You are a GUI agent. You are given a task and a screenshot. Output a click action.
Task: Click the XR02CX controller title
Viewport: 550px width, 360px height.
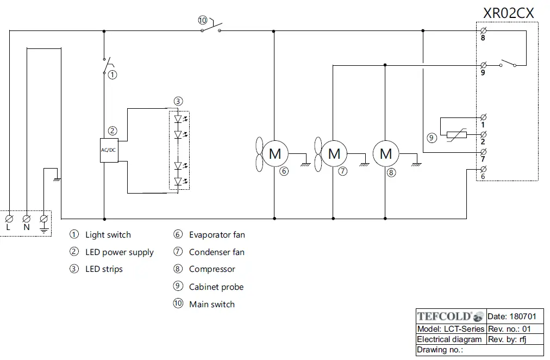pyautogui.click(x=509, y=13)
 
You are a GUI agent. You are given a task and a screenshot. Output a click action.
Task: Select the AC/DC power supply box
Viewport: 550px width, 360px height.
pyautogui.click(x=109, y=150)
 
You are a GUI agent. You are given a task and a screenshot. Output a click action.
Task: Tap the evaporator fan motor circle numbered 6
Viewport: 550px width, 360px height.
pyautogui.click(x=275, y=154)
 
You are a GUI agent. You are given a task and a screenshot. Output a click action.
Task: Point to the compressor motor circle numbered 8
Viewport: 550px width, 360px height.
pyautogui.click(x=386, y=154)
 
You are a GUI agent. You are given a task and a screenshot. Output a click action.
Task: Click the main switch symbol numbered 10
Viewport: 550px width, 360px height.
pyautogui.click(x=211, y=27)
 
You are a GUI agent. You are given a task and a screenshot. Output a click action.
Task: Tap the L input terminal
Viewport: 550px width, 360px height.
pyautogui.click(x=9, y=218)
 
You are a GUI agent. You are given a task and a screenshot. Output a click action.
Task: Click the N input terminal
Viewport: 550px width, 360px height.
pyautogui.click(x=27, y=218)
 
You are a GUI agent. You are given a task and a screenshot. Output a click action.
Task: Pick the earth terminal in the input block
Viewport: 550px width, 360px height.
pyautogui.click(x=44, y=219)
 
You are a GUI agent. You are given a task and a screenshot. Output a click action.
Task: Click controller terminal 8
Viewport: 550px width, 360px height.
pyautogui.click(x=483, y=30)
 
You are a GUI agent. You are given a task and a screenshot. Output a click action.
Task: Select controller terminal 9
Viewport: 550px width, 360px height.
pyautogui.click(x=483, y=65)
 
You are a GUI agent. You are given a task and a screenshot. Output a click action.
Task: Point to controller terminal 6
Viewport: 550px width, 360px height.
pyautogui.click(x=483, y=170)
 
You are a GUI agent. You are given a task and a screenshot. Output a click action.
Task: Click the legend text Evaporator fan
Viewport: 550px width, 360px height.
pyautogui.click(x=217, y=235)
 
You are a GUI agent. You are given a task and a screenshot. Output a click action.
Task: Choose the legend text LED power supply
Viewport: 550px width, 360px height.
pyautogui.click(x=119, y=252)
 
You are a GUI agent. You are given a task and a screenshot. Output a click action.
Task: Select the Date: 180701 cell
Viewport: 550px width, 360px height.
pyautogui.click(x=512, y=316)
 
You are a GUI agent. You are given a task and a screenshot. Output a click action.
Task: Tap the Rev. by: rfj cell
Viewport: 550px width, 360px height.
pyautogui.click(x=512, y=339)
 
